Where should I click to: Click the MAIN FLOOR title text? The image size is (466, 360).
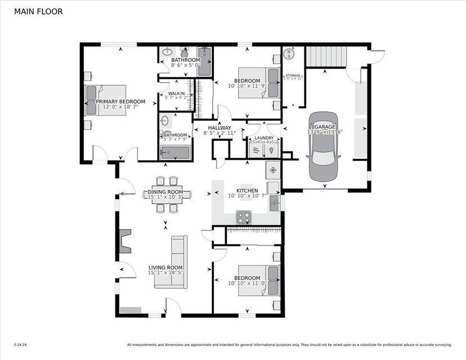click(x=38, y=11)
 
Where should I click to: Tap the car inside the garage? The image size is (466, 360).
click(x=324, y=138)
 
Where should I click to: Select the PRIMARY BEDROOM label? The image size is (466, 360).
click(x=120, y=102)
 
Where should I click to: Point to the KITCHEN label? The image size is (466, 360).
click(x=247, y=191)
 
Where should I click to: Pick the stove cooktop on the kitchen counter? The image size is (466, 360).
click(x=244, y=217)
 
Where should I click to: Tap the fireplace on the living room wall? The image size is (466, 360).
click(x=125, y=241)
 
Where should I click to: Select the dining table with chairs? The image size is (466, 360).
click(x=167, y=195)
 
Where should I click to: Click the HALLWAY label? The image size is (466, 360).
click(x=220, y=128)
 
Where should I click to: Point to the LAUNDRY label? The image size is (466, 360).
click(x=264, y=138)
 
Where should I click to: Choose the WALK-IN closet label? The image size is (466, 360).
click(x=176, y=93)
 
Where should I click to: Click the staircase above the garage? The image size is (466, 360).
click(x=327, y=56)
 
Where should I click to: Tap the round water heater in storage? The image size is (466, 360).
click(x=289, y=55)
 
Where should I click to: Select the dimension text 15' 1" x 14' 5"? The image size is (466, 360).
click(x=165, y=273)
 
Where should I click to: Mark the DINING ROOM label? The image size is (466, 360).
click(x=166, y=191)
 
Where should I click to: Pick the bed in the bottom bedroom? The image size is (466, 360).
click(x=259, y=280)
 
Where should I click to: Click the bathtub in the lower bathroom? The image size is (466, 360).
click(x=174, y=152)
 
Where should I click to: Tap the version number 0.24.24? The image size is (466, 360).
click(x=20, y=345)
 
